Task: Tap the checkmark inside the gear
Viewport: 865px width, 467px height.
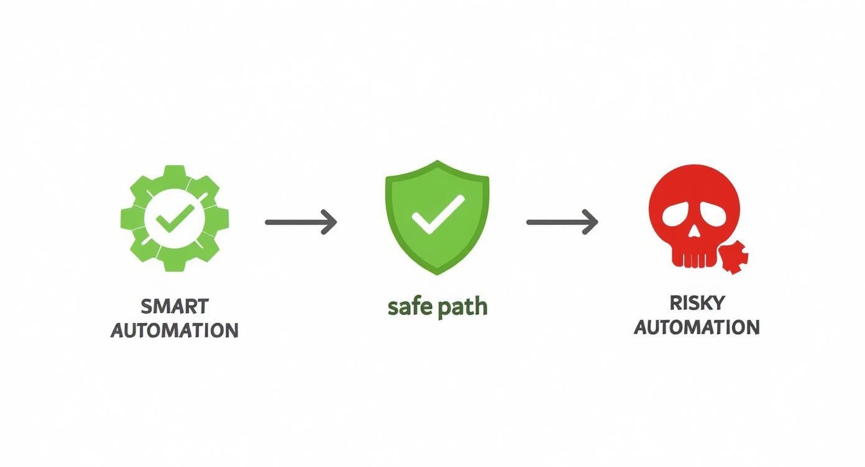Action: point(175,219)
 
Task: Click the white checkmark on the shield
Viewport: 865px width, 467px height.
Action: point(437,214)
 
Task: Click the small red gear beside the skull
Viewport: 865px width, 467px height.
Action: point(735,256)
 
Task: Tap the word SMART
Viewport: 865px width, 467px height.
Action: point(175,307)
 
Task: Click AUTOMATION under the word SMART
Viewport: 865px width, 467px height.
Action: point(175,330)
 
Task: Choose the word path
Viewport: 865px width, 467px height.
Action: point(462,307)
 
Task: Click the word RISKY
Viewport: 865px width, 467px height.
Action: point(697,303)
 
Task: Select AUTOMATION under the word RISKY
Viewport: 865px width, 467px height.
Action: point(697,327)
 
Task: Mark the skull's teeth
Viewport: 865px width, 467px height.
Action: point(693,258)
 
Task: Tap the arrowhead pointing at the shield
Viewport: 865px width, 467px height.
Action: point(329,222)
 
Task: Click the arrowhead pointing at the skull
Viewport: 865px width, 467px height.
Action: point(591,222)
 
